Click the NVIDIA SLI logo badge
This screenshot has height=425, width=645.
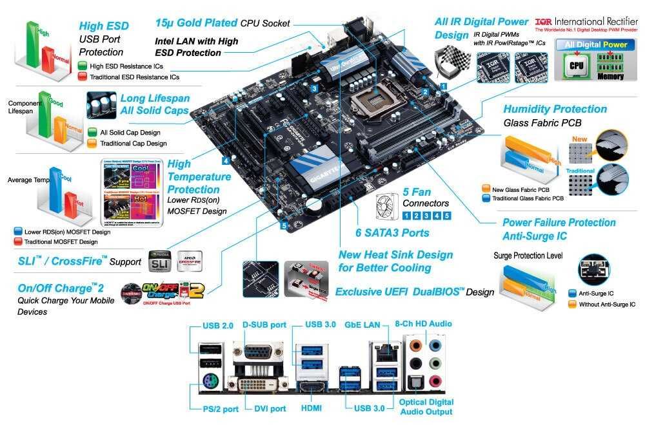161,261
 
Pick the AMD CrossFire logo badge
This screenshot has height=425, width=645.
190,261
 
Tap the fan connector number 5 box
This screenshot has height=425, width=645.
446,216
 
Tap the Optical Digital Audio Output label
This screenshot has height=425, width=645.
426,407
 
